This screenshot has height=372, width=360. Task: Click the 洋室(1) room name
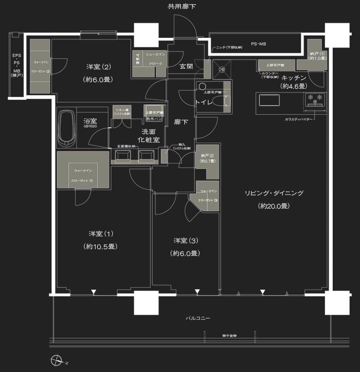tap(101, 234)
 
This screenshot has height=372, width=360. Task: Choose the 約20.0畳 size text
tap(272, 206)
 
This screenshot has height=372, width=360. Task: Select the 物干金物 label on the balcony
tap(229, 335)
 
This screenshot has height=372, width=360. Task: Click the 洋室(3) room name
tap(185, 240)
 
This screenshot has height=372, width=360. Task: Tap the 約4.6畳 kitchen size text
tap(294, 86)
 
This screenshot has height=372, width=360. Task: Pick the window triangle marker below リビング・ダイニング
tap(262, 292)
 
